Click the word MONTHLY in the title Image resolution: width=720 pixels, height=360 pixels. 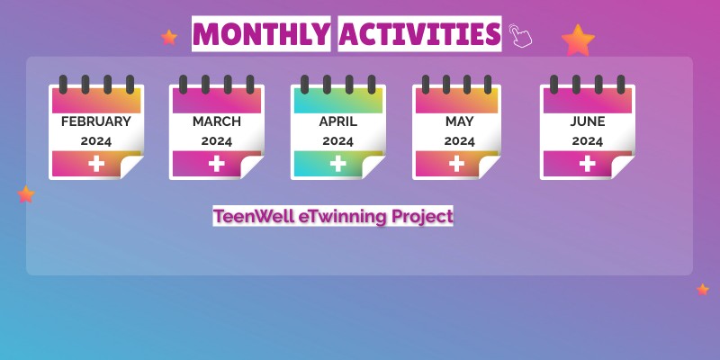[x=261, y=34]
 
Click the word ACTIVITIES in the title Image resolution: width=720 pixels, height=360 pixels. [x=420, y=34]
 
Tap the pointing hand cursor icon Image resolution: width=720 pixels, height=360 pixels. [x=520, y=35]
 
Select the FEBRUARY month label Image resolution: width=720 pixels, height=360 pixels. [x=95, y=121]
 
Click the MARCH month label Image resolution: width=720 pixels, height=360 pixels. [x=216, y=121]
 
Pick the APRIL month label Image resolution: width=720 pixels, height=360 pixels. [x=337, y=121]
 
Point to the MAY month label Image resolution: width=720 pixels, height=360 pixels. [x=459, y=121]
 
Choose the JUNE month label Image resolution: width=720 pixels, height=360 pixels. [x=587, y=121]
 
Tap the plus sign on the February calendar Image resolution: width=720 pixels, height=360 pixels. [x=95, y=163]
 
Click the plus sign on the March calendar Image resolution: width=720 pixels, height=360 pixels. [x=216, y=163]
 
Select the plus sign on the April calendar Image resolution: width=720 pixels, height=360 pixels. [x=337, y=163]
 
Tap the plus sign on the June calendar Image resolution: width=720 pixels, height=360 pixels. [x=587, y=163]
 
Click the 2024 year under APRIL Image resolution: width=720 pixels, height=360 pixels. [x=337, y=141]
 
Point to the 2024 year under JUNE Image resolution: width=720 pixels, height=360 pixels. [x=587, y=141]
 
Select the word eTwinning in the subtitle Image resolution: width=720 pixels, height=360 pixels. [x=347, y=216]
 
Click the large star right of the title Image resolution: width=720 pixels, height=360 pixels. [x=577, y=40]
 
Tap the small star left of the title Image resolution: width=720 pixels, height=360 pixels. [x=169, y=37]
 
